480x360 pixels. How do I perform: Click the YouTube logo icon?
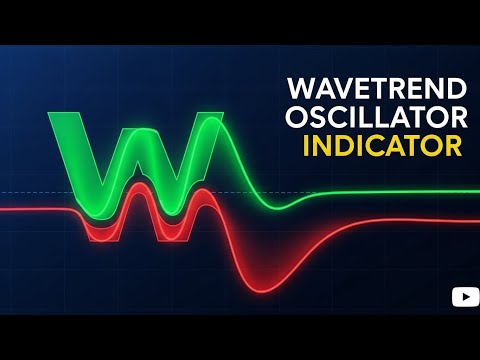[x=464, y=296]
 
